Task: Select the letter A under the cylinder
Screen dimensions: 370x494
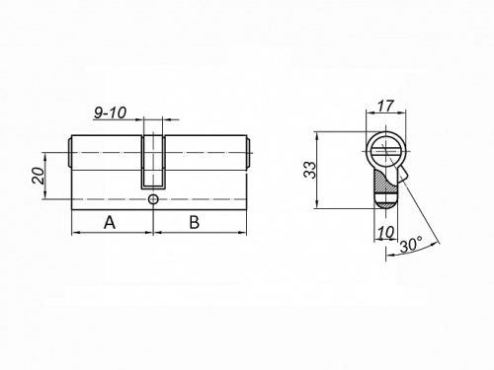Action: click(x=110, y=222)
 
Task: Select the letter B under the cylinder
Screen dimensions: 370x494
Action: click(x=195, y=222)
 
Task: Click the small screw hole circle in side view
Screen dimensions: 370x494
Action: click(x=152, y=200)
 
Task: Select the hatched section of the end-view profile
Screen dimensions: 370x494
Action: click(x=381, y=183)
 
